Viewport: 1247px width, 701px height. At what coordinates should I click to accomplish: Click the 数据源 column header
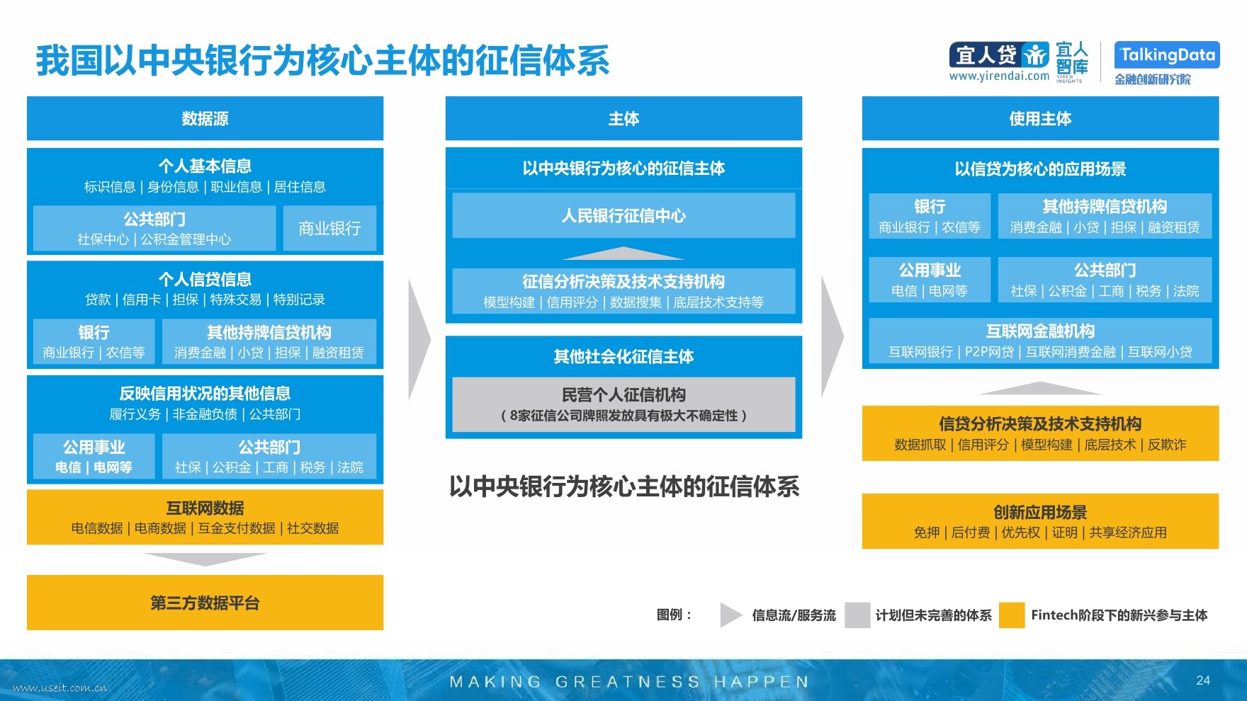[205, 118]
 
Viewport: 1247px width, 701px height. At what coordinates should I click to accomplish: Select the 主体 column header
[623, 118]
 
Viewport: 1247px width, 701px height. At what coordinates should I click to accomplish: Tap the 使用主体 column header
[1040, 118]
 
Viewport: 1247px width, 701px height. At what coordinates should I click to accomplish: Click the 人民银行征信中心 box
[623, 215]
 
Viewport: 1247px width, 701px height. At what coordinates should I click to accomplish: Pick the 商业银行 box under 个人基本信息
[329, 228]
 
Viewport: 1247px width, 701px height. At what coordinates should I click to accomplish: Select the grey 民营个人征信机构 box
[623, 404]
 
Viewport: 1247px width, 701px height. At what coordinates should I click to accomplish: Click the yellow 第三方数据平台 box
[205, 603]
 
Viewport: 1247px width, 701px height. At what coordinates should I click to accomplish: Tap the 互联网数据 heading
[205, 508]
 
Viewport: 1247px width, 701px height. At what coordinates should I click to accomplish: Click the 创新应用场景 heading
[1040, 512]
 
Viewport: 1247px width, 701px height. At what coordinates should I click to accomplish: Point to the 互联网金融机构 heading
[1040, 331]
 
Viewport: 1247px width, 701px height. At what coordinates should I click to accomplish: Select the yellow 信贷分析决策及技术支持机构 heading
[1040, 423]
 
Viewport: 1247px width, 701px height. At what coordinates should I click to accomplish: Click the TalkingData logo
[1167, 55]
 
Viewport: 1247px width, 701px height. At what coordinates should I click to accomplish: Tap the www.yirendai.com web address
[999, 76]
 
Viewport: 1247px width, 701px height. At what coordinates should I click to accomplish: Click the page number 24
[1203, 680]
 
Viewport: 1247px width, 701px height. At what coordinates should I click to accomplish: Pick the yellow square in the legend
[1012, 615]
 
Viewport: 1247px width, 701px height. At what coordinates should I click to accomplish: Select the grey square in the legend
[857, 615]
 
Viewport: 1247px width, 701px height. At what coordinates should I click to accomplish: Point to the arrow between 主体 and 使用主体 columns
[832, 336]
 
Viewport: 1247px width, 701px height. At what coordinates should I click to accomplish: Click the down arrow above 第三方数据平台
[205, 559]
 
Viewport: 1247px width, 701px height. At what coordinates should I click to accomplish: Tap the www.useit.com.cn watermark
[60, 688]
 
